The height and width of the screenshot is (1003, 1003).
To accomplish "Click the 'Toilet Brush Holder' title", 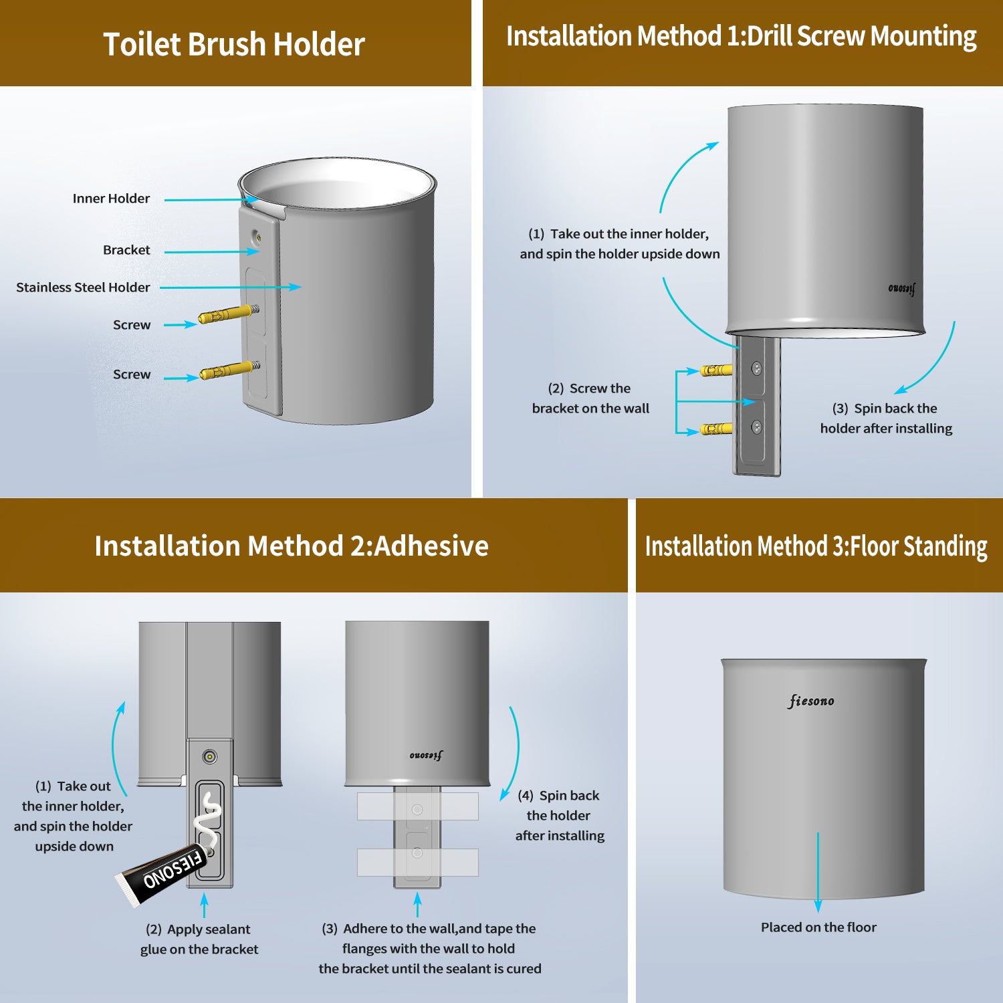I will tap(234, 45).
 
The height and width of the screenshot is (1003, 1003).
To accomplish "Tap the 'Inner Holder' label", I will tap(111, 199).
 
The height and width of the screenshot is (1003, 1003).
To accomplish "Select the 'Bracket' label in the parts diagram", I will tap(126, 250).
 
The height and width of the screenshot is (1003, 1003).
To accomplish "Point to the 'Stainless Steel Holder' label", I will tap(83, 288).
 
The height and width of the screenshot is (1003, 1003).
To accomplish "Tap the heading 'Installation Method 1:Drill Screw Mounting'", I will tap(741, 37).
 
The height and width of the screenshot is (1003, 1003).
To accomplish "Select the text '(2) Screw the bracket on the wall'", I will tap(590, 399).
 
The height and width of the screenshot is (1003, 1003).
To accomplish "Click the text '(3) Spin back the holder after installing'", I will tap(886, 419).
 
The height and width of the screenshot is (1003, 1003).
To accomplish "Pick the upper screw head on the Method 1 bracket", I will tap(757, 368).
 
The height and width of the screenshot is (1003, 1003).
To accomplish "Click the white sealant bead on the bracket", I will tap(209, 819).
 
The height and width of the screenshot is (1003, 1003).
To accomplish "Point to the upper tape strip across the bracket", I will tap(417, 806).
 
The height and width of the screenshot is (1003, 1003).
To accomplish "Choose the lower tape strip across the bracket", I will tap(417, 862).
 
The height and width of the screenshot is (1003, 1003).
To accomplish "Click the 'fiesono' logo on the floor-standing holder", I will tap(811, 701).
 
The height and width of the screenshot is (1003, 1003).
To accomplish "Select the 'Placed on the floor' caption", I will tap(818, 927).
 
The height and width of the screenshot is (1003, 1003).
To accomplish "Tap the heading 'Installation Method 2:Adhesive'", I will tap(292, 546).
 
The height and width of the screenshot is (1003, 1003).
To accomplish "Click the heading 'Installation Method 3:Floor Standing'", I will tap(816, 546).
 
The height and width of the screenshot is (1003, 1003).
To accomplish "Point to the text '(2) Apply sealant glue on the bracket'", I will tap(199, 939).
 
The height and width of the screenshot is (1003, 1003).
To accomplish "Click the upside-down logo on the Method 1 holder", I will tap(902, 288).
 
